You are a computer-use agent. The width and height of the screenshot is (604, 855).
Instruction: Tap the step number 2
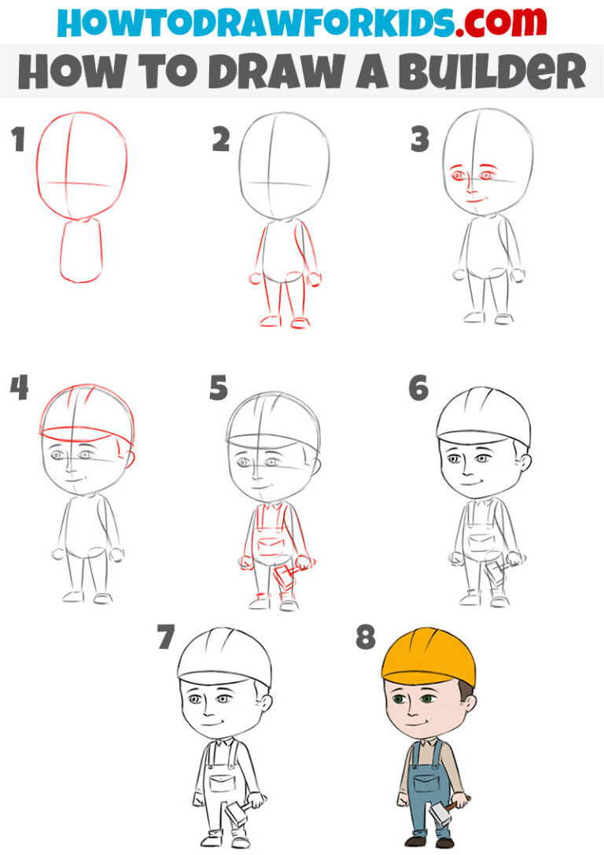point(221,140)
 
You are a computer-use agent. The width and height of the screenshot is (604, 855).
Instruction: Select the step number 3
point(420,140)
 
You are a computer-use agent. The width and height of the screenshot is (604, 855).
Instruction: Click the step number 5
point(219,388)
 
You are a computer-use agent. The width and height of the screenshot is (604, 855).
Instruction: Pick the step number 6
point(418,388)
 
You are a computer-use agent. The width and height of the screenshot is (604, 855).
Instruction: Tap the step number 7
point(165,637)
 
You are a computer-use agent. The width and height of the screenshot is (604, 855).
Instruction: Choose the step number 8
point(365,637)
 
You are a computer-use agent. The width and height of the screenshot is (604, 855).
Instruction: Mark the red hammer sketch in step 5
point(285,578)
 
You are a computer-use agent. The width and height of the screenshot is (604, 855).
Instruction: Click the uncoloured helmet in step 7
point(225,657)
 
